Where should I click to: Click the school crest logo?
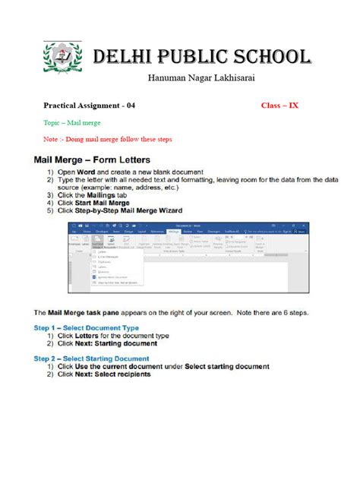point(59,58)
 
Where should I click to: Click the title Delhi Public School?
point(201,58)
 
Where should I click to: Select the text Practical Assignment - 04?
point(90,106)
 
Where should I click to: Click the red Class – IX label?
point(279,106)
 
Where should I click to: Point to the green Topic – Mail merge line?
point(72,122)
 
